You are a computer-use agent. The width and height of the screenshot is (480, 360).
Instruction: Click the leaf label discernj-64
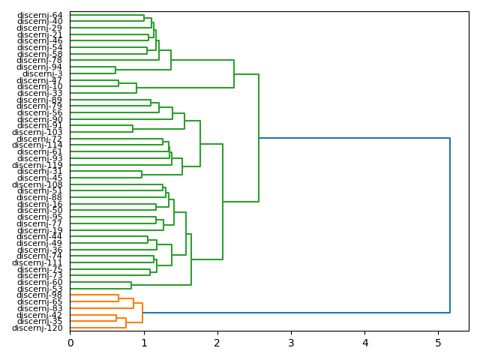click(40, 15)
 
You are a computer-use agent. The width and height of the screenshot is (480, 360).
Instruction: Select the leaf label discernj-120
click(37, 328)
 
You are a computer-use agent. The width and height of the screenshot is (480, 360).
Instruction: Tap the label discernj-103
click(37, 132)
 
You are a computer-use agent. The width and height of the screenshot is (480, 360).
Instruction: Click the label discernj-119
click(37, 165)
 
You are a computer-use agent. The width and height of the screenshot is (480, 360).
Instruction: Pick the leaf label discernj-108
click(37, 184)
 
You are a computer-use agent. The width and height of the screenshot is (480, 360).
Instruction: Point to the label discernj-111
click(37, 262)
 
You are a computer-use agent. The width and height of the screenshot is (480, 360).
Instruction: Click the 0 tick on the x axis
click(70, 343)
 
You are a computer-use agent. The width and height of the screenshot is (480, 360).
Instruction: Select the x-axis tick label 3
click(291, 343)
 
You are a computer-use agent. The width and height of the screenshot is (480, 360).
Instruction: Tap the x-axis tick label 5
click(439, 343)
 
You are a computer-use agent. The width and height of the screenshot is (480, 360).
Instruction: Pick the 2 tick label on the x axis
click(217, 343)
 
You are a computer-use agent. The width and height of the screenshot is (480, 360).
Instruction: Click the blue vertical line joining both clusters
click(450, 225)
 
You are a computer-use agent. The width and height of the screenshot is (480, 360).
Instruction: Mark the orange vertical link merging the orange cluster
click(142, 313)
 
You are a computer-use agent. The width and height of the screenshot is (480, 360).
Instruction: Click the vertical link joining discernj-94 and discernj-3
click(115, 70)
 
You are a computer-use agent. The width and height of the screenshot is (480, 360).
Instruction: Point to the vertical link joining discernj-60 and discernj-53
click(131, 286)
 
